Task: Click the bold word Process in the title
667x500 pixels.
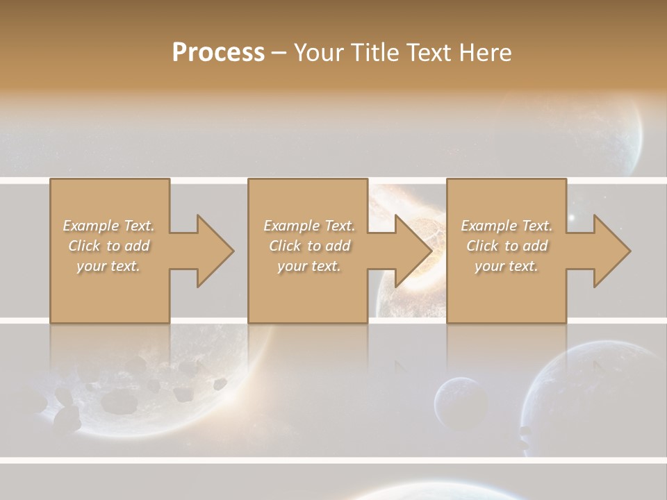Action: pos(218,52)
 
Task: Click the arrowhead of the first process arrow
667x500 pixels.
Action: pos(215,251)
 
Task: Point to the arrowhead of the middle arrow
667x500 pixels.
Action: pos(413,251)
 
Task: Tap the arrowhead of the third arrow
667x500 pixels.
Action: pos(612,251)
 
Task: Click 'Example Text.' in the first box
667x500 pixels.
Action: pos(108,226)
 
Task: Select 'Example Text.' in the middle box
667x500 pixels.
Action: pos(309,226)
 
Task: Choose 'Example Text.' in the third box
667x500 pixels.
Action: pos(507,226)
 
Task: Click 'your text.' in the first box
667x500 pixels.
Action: pos(108,266)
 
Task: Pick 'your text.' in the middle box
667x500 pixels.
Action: pos(309,266)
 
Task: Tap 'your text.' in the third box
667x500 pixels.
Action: pos(507,266)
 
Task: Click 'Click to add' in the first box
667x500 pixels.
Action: pos(108,246)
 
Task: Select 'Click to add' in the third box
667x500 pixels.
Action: pos(507,246)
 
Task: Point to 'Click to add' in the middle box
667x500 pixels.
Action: pos(309,246)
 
